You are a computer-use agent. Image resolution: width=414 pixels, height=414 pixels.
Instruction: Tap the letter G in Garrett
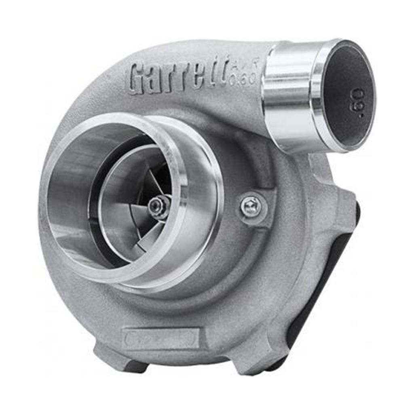click(139, 79)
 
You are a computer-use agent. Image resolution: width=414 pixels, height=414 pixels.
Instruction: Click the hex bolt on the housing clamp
click(251, 207)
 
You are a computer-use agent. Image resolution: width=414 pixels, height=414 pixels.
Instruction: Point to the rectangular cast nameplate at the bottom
click(162, 338)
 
